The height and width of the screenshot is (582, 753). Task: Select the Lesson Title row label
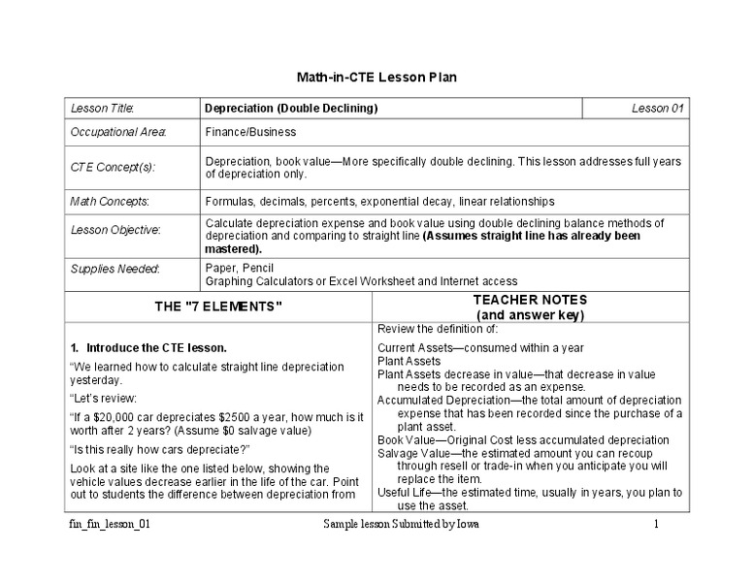102,109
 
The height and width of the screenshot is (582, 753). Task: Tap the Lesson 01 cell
657,109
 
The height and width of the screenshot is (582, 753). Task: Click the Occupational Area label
118,132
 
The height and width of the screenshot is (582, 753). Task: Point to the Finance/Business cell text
250,132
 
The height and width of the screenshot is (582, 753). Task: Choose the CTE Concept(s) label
114,167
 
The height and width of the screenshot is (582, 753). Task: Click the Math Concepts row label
109,202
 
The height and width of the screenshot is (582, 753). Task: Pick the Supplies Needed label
115,268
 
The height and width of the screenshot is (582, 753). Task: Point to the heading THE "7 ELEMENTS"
218,307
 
